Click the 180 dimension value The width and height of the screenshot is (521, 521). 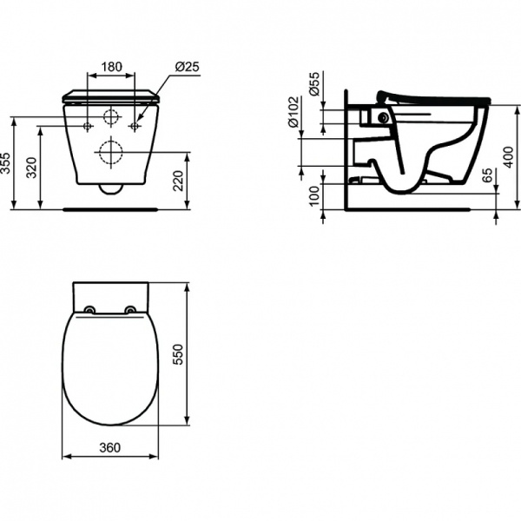(110, 67)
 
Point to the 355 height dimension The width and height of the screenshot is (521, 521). (8, 163)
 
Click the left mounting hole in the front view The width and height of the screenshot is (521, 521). (87, 127)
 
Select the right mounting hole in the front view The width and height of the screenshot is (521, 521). (134, 127)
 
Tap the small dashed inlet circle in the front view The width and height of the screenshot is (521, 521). (110, 117)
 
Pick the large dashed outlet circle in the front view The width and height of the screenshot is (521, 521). (110, 153)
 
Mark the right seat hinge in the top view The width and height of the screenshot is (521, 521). (130, 310)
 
